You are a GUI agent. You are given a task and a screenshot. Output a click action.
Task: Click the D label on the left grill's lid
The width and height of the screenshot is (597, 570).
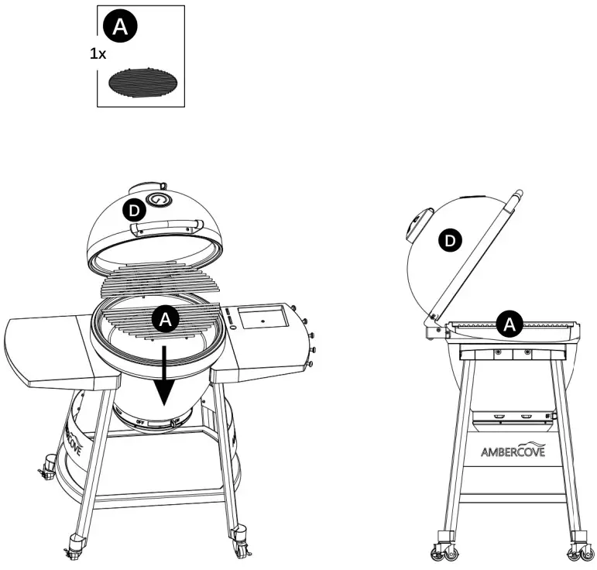134,210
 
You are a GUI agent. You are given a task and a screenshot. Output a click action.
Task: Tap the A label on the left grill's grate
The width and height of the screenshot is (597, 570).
164,318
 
